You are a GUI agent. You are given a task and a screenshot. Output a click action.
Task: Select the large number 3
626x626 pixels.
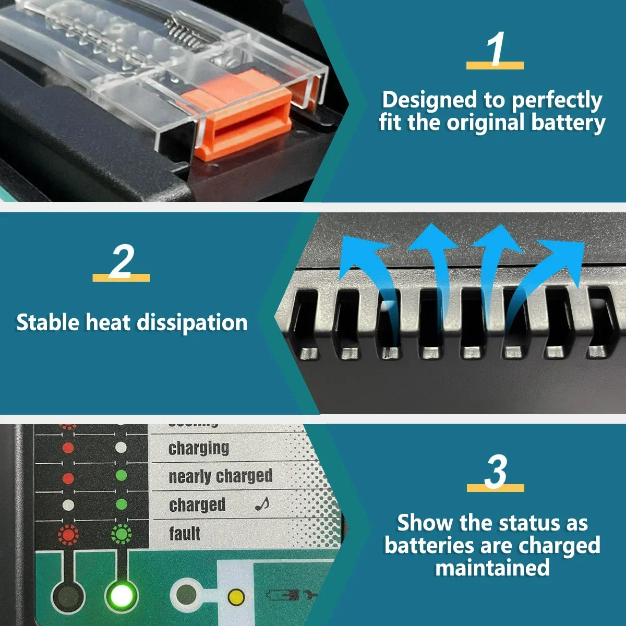point(495,472)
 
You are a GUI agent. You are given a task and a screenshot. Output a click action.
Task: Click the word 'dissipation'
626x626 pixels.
point(192,323)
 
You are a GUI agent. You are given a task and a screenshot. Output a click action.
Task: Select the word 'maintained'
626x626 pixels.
point(492,568)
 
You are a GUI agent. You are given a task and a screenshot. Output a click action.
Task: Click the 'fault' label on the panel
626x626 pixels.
point(185,534)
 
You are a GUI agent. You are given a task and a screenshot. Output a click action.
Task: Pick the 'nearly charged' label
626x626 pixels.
point(220,476)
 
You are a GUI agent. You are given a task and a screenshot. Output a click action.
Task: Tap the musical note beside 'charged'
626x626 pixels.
point(262,503)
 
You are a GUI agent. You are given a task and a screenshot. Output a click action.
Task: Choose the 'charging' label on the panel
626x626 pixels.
point(199,448)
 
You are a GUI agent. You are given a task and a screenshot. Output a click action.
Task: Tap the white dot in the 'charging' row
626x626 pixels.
point(121,447)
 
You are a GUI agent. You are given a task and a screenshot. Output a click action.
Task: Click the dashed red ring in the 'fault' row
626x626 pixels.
point(68,534)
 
